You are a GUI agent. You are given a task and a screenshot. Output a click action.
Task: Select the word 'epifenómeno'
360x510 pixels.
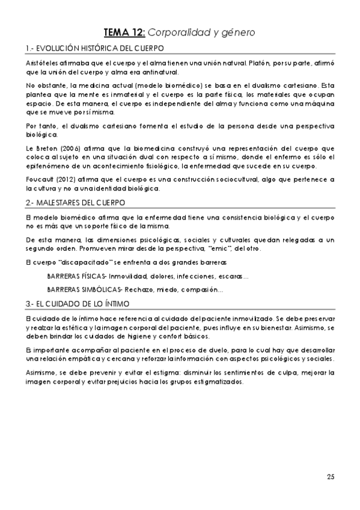(x=49, y=166)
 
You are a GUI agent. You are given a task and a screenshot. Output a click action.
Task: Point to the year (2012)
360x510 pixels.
(x=69, y=179)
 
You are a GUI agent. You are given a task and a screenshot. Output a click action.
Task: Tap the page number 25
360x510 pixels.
(x=330, y=478)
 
